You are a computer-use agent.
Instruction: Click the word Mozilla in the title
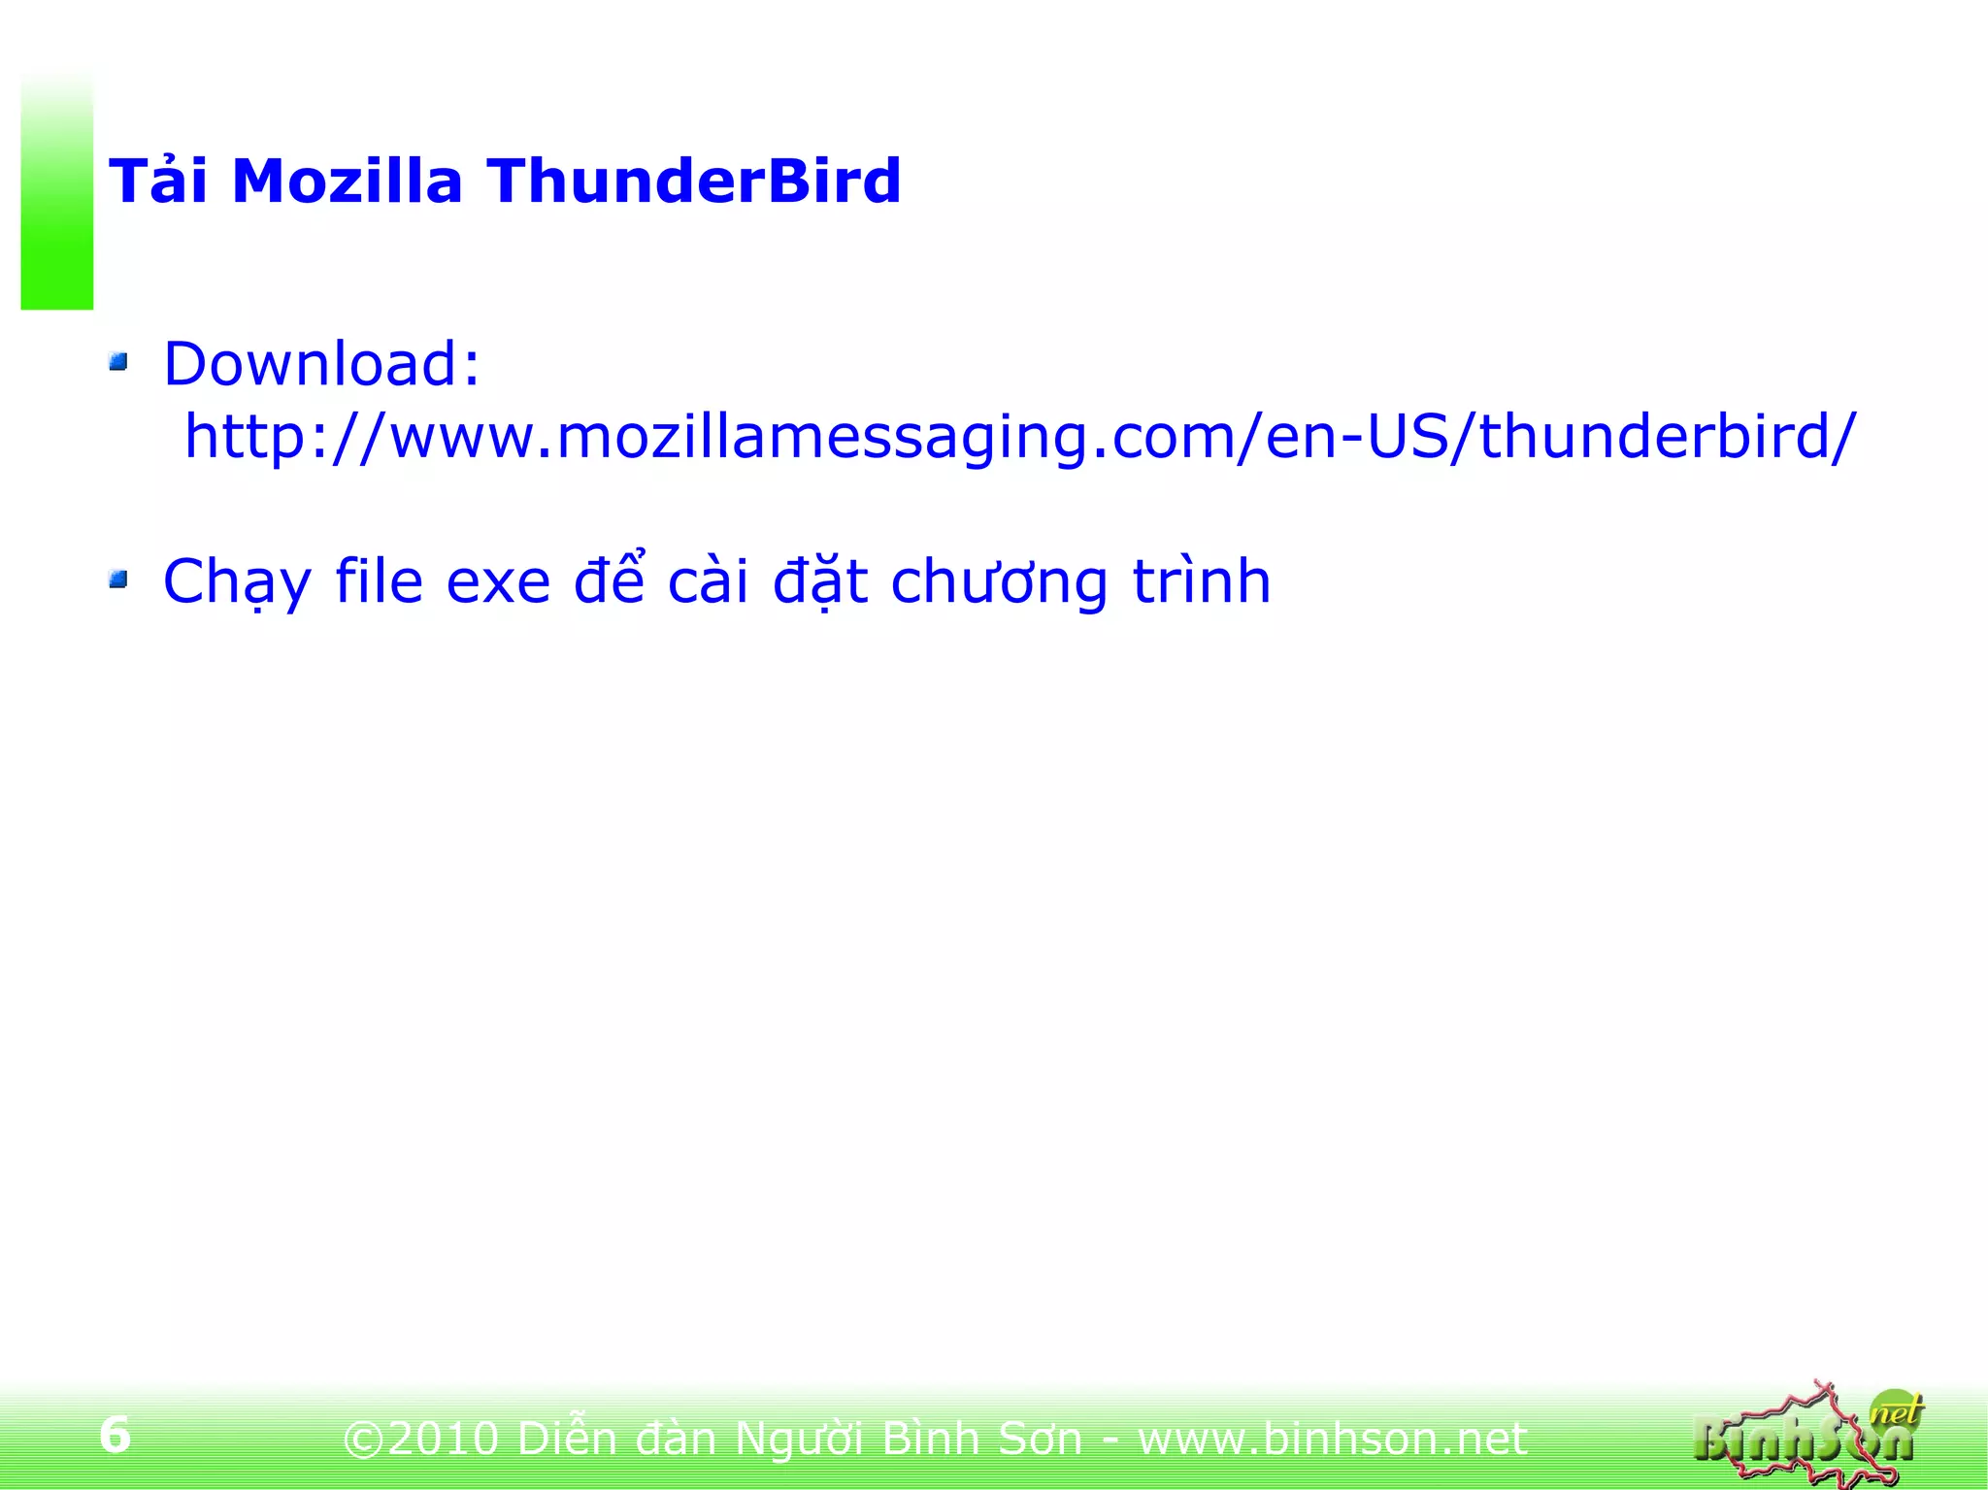coord(347,182)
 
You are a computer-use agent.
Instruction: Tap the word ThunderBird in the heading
coord(694,182)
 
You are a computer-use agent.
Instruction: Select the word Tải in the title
coord(158,182)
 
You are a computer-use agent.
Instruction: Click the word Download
coord(321,364)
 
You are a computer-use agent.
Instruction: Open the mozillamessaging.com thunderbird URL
coord(1019,437)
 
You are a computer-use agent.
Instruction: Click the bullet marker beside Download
coord(118,363)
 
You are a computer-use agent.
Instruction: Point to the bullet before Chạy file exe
coord(118,580)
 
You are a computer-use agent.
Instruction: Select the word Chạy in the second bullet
coord(237,582)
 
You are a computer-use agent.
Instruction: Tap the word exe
coord(499,582)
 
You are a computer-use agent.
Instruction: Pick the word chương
coord(999,582)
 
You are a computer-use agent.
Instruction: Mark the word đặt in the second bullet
coord(820,582)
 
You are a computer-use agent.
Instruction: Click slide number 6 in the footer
coord(115,1435)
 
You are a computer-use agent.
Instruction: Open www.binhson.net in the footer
coord(1332,1439)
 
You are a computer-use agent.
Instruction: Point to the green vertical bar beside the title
coord(57,194)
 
